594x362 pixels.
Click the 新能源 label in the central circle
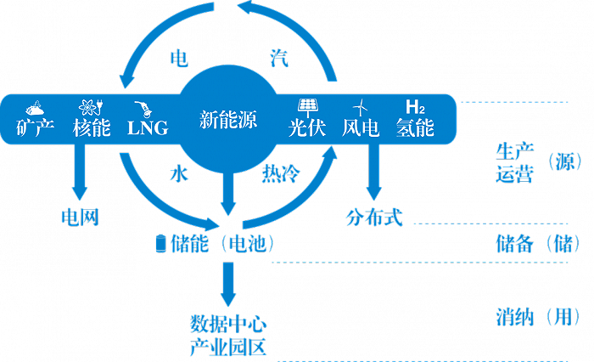tap(228, 120)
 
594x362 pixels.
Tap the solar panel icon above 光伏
tap(307, 108)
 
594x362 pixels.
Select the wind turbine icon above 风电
tap(361, 108)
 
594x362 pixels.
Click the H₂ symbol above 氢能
tap(415, 107)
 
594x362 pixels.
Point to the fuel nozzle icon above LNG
tap(144, 109)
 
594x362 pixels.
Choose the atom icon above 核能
tap(91, 107)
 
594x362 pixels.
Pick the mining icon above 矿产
tap(35, 108)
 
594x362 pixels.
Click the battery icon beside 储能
tap(161, 243)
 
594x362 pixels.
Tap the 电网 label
tap(81, 218)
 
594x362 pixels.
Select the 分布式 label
tap(374, 218)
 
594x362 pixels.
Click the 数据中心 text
tap(228, 325)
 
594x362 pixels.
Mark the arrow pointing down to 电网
tap(80, 172)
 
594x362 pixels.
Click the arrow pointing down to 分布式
tap(374, 172)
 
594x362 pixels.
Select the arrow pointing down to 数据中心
tap(228, 284)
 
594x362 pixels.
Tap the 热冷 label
tap(281, 174)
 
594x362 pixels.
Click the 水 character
tap(179, 174)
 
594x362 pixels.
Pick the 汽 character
tap(279, 58)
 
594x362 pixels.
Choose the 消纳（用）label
tap(538, 317)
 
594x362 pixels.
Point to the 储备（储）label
tap(538, 244)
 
